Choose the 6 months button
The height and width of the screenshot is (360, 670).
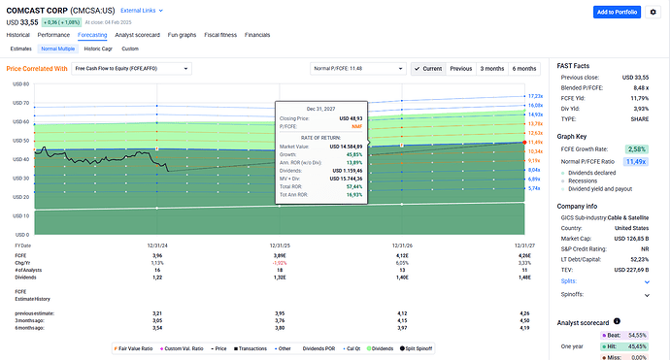[523, 69]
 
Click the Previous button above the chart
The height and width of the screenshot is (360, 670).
[461, 69]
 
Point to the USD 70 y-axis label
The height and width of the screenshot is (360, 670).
[17, 103]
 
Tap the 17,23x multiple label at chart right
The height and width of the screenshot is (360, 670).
[533, 96]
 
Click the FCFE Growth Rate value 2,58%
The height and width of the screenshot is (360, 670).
[636, 148]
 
